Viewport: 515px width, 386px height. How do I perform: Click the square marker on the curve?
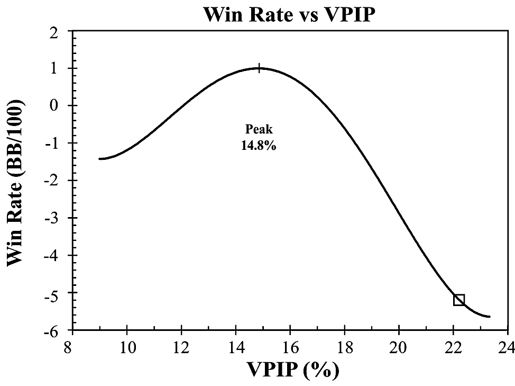458,300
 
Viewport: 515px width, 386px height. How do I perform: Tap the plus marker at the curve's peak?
259,68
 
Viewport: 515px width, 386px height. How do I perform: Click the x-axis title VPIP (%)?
289,369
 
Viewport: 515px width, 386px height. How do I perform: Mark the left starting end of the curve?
100,158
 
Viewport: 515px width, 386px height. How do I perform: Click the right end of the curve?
490,317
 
